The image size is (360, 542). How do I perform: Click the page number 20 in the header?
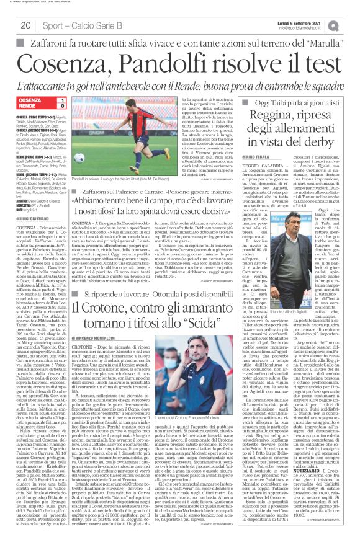tap(25, 25)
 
